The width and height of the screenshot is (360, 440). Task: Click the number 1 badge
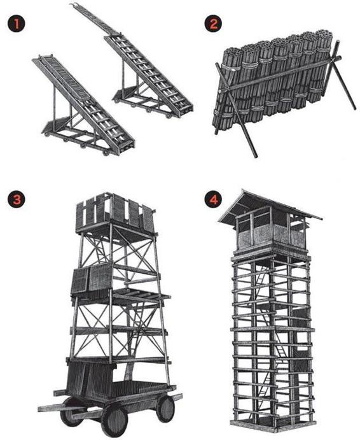tap(17, 24)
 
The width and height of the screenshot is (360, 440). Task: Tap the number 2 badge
tap(213, 24)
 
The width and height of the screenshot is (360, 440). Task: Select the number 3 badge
tap(17, 199)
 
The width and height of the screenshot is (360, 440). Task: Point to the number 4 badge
tap(213, 199)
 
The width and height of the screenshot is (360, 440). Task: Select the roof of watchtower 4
tap(269, 206)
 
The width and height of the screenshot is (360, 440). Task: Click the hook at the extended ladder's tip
tap(76, 5)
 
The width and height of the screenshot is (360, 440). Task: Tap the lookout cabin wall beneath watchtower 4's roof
tap(270, 234)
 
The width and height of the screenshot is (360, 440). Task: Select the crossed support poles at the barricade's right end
tap(340, 75)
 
